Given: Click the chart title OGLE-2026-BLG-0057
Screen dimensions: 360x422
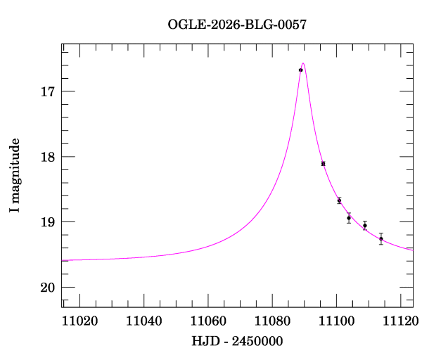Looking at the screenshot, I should click(x=237, y=25).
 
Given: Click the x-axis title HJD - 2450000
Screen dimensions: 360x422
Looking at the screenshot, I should click(x=237, y=341).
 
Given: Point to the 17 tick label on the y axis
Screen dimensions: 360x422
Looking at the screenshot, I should click(x=47, y=92).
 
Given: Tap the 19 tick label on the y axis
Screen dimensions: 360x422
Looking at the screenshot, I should click(x=47, y=222).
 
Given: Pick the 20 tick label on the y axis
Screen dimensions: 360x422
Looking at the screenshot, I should click(x=47, y=288).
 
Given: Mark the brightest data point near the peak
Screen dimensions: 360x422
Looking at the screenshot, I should click(x=300, y=70).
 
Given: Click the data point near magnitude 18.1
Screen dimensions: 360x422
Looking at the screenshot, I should click(x=323, y=163).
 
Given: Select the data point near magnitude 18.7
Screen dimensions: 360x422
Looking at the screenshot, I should click(x=339, y=200).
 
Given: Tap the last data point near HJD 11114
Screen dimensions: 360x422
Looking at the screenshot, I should click(x=381, y=238).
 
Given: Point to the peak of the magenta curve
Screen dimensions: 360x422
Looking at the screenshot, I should click(x=303, y=63).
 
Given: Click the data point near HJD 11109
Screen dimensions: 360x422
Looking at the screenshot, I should click(x=365, y=225).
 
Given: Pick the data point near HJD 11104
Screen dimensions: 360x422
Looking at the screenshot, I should click(x=349, y=218).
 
